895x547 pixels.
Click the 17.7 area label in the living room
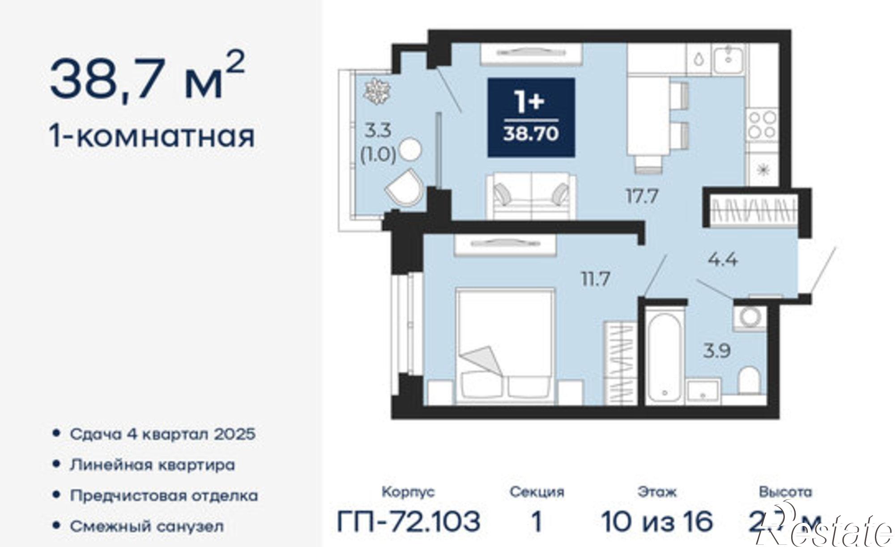click(x=641, y=196)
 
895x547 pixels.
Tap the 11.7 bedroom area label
click(x=596, y=279)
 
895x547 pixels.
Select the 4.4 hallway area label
click(x=722, y=259)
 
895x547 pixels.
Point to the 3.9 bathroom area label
click(x=716, y=351)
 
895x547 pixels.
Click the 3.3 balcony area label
click(x=378, y=131)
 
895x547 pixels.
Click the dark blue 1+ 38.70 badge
click(x=531, y=117)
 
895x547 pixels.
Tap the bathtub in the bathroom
click(x=665, y=356)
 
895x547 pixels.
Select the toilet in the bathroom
click(x=749, y=381)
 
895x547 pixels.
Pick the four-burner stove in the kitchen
click(x=763, y=125)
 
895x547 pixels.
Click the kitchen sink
click(x=728, y=60)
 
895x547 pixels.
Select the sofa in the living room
click(x=531, y=197)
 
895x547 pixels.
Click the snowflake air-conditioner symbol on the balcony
click(x=377, y=92)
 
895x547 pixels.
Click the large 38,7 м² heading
click(x=148, y=78)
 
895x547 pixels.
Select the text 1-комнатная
click(x=152, y=136)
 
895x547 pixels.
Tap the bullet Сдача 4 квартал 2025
click(x=162, y=434)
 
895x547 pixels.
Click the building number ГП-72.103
click(x=409, y=521)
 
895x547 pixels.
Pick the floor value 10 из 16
click(x=656, y=521)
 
